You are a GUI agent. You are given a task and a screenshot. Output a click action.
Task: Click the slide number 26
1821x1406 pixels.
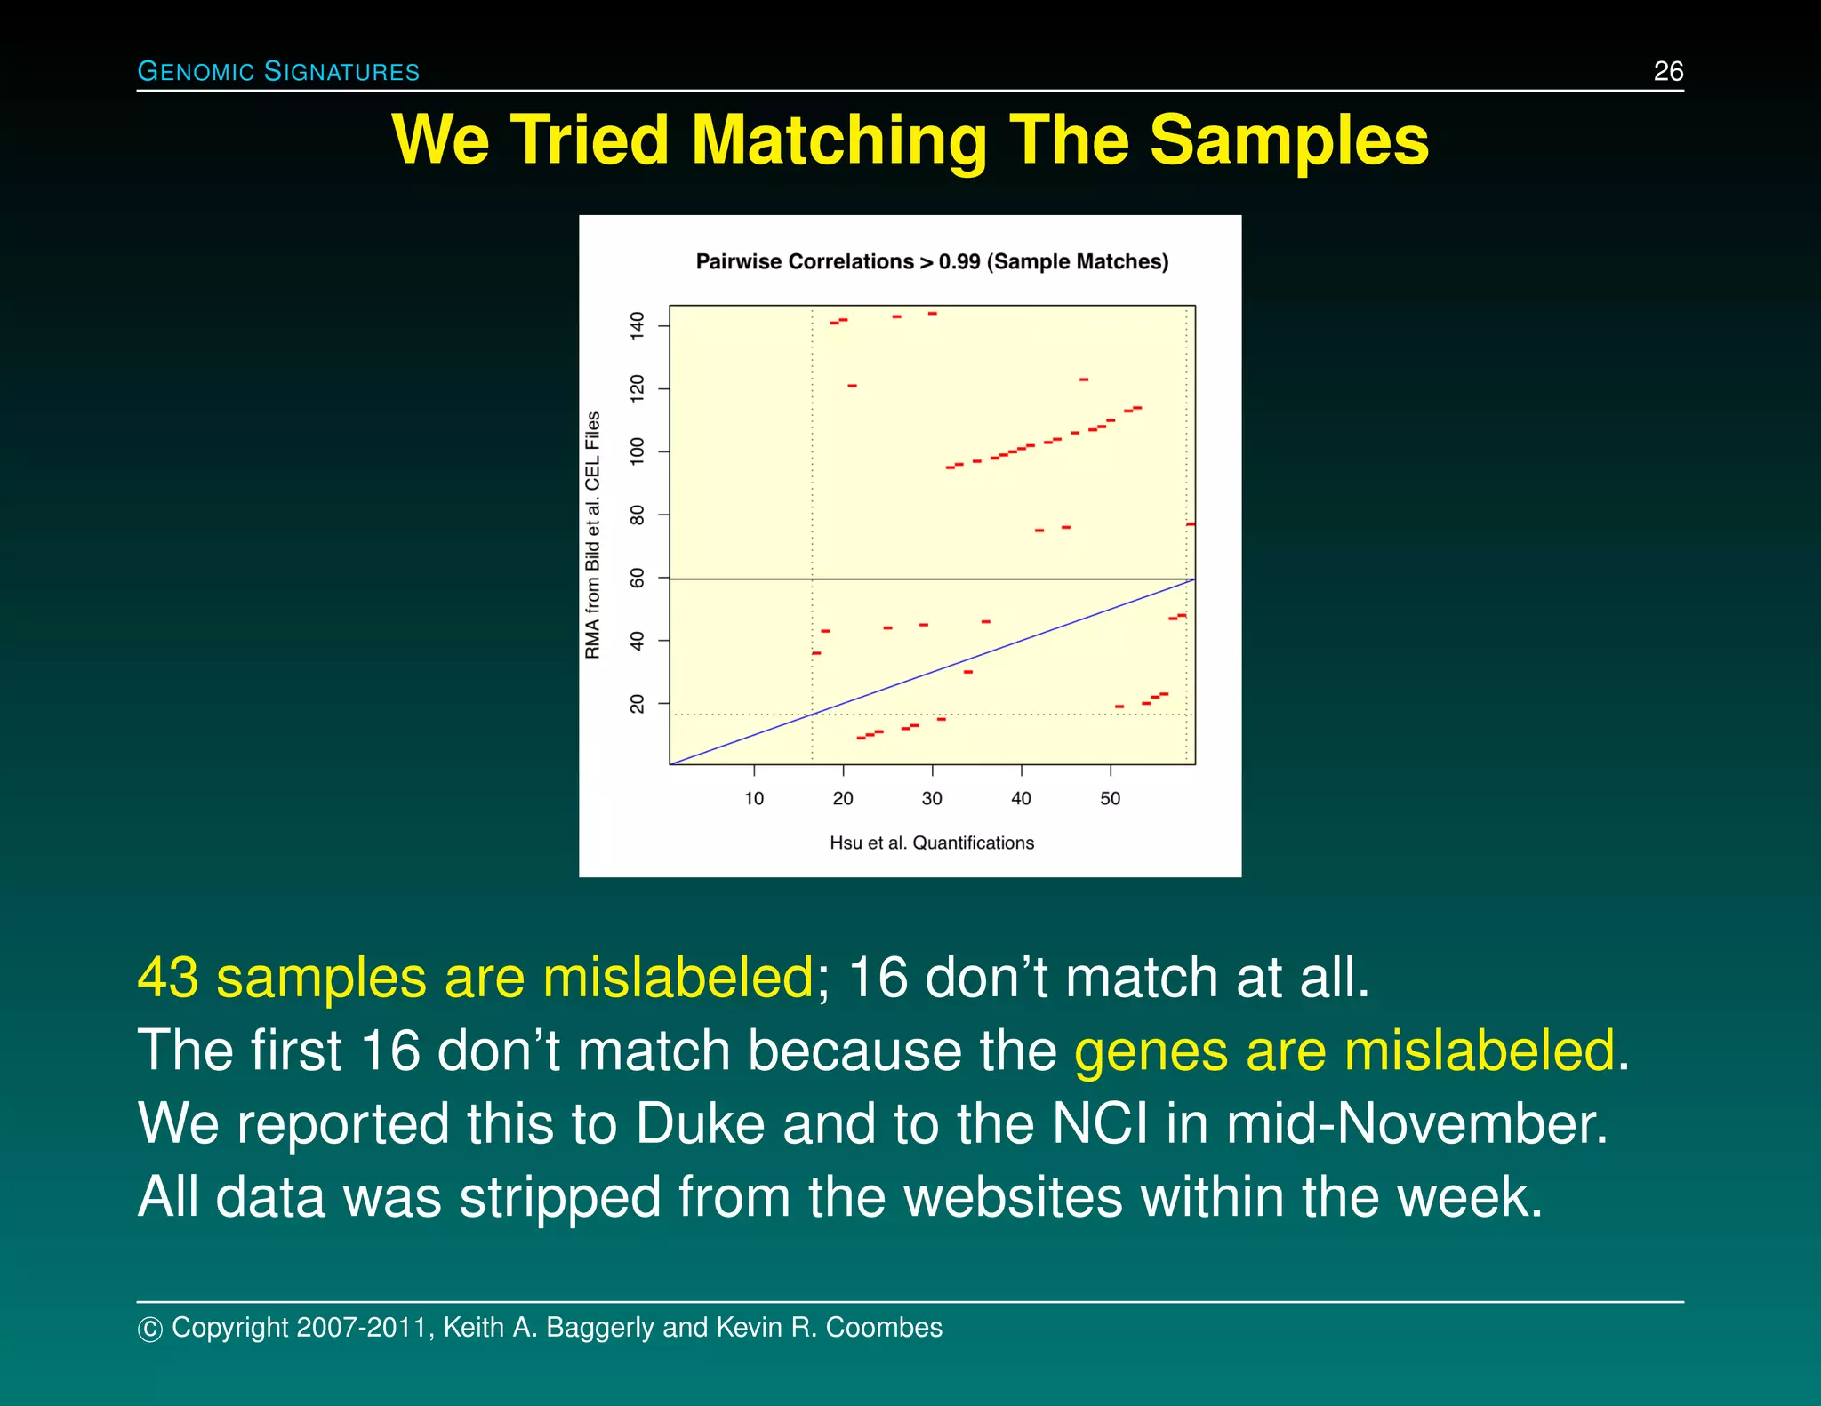1668,71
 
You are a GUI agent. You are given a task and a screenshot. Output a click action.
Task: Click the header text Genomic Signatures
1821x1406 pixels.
278,71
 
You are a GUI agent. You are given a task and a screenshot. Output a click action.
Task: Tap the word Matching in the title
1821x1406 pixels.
838,140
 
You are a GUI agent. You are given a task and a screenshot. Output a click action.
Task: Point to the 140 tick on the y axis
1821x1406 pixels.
637,325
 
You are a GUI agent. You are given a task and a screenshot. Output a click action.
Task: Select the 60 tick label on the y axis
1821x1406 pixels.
637,579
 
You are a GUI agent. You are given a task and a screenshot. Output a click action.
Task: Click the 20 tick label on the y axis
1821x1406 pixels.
637,704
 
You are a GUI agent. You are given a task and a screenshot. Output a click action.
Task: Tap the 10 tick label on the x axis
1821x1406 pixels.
754,798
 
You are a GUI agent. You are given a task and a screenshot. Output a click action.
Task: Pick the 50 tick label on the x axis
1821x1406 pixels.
1110,798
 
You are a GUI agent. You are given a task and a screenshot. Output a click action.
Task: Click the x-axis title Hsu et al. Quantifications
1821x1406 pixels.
931,843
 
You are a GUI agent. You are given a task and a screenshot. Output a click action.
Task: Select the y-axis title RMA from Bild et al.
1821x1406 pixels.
592,535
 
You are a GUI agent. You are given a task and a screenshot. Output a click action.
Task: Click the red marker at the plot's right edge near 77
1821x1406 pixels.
1191,524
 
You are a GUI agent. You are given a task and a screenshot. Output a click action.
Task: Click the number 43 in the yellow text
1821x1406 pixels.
168,978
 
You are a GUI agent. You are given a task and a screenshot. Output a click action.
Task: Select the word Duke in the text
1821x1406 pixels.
700,1123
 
